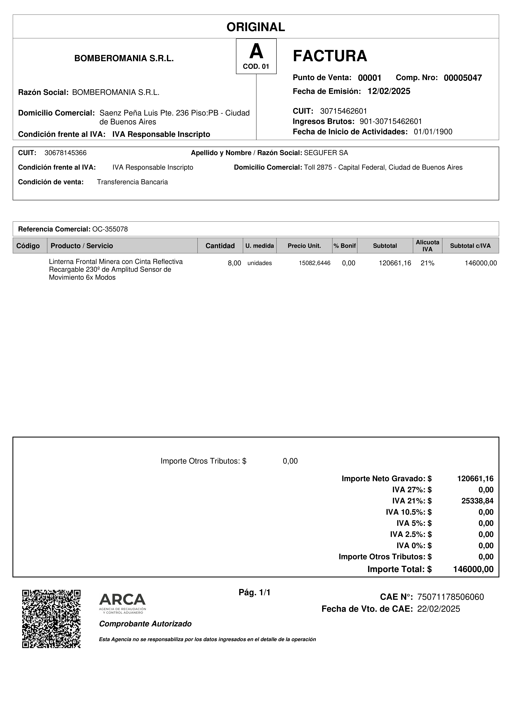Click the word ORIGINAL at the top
point(256,27)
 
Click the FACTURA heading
point(330,56)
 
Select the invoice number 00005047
point(462,78)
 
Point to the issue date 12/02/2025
point(389,91)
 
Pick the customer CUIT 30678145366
point(66,153)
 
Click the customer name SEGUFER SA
point(326,153)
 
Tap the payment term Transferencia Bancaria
point(132,182)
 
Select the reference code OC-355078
point(110,229)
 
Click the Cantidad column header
point(220,246)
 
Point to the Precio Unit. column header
point(304,246)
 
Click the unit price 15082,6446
point(314,263)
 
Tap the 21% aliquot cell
point(427,263)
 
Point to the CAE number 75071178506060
point(450,597)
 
